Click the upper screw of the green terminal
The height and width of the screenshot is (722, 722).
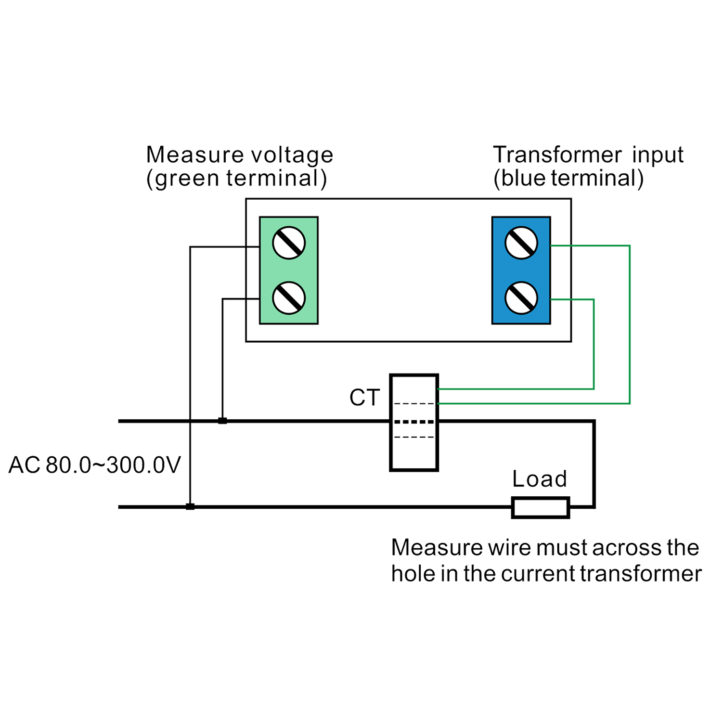[x=289, y=243]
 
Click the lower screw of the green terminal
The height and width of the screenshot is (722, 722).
[x=289, y=298]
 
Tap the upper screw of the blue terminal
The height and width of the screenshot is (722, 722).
[x=521, y=243]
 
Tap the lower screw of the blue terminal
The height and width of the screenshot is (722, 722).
[x=521, y=298]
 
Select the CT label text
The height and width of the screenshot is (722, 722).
[x=364, y=398]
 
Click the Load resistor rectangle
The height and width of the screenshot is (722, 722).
[x=541, y=507]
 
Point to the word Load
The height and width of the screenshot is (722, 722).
[x=540, y=479]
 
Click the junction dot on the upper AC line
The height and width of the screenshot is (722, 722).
[x=222, y=421]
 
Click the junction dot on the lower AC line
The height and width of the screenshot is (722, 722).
[x=190, y=507]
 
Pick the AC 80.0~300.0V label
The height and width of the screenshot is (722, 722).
[x=95, y=465]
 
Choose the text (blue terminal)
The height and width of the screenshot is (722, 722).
[x=568, y=178]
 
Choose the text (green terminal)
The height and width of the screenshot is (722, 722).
[x=236, y=179]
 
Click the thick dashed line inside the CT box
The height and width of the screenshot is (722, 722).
[x=414, y=422]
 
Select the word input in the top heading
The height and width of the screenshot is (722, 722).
[x=658, y=155]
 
